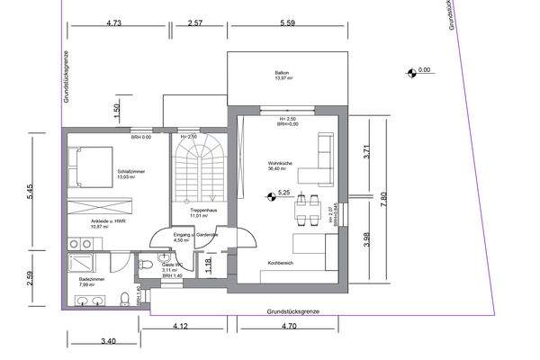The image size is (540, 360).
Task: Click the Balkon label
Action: (x=283, y=75)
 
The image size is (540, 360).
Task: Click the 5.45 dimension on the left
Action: (x=32, y=192)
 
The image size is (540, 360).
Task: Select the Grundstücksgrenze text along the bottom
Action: (x=292, y=310)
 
